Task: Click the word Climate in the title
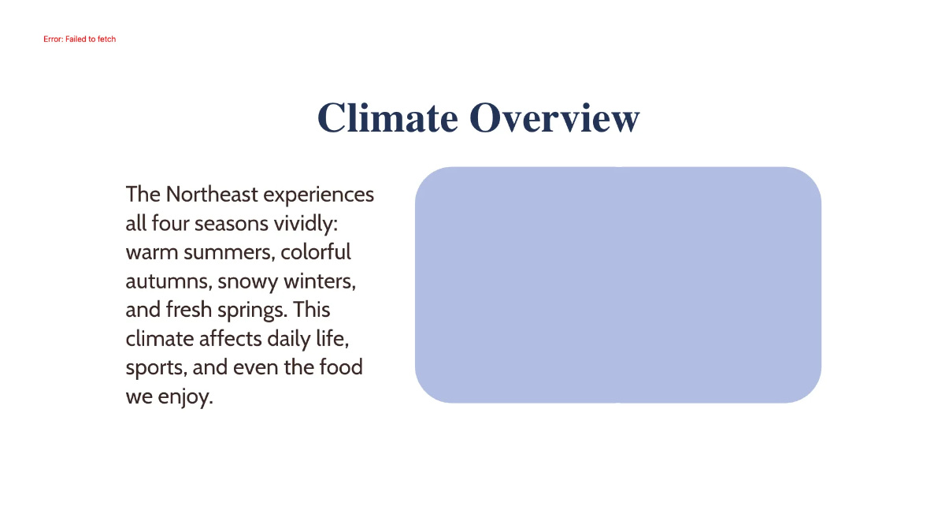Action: coord(387,118)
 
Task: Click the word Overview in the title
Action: coord(554,118)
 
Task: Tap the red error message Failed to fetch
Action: coord(80,39)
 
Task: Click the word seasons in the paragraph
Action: coord(232,223)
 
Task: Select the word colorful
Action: coord(316,252)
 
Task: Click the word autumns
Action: coord(169,281)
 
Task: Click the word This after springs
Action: coord(312,310)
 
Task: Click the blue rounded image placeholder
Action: coord(618,285)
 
